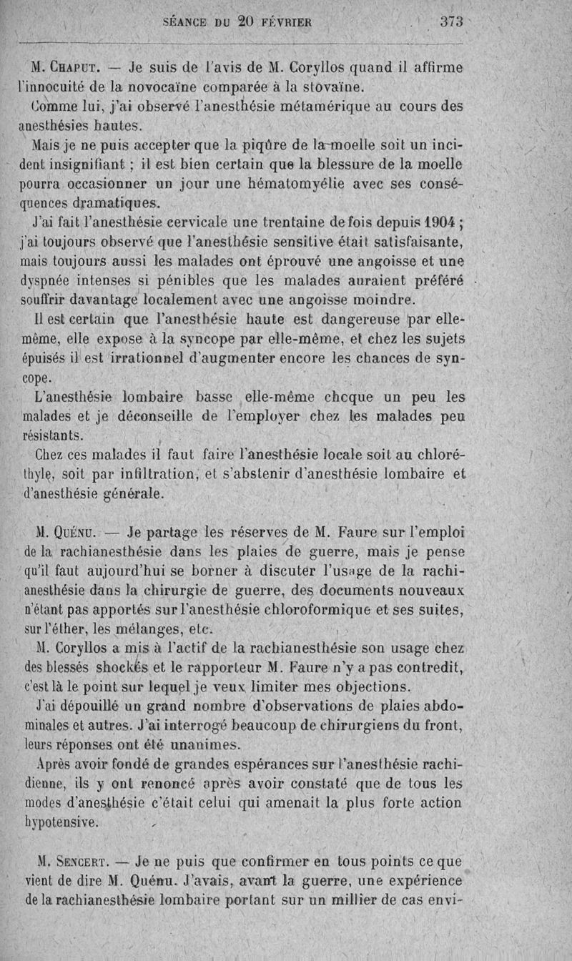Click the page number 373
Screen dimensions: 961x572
point(453,21)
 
